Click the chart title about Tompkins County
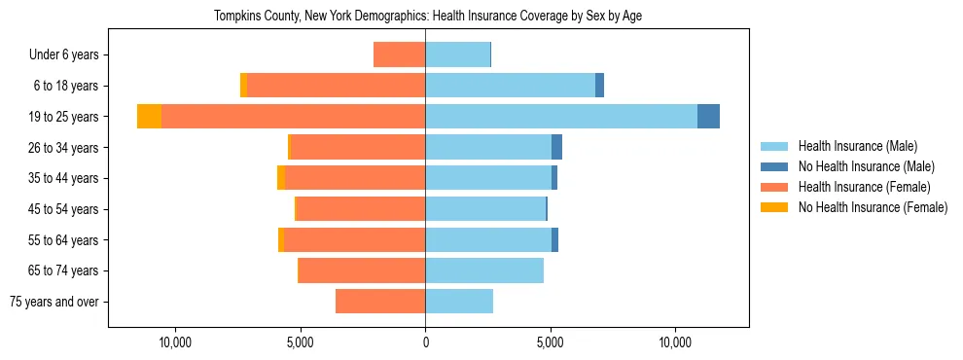427,16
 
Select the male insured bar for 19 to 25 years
561,117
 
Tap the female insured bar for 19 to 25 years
293,117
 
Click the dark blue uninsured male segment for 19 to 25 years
708,117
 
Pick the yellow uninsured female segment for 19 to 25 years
149,117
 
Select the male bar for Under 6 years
457,55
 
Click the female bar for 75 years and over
380,302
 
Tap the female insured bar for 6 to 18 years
336,86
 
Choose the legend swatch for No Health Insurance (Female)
774,207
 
